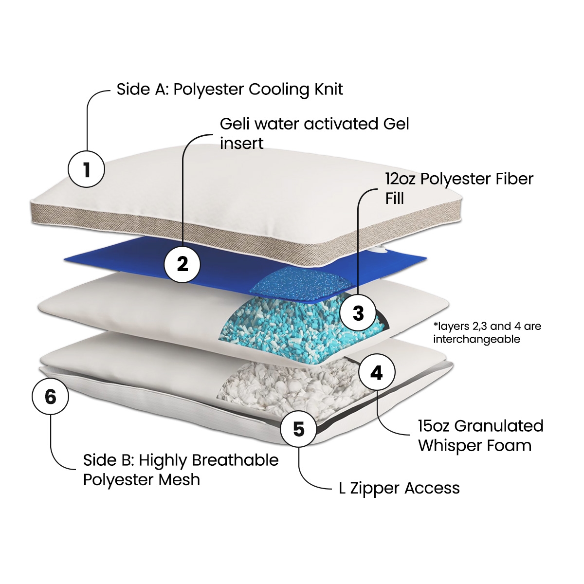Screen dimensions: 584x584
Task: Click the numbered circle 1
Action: [x=86, y=170]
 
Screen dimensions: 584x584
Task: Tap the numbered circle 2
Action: [x=182, y=264]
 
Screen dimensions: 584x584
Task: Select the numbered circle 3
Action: [x=358, y=313]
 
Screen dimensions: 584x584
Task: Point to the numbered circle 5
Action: [x=299, y=429]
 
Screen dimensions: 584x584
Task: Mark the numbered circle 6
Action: [x=51, y=396]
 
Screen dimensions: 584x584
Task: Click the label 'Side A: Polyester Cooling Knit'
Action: [x=230, y=90]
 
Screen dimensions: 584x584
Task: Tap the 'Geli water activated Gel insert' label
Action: [x=314, y=133]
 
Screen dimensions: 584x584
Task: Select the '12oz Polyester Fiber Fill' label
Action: [x=459, y=188]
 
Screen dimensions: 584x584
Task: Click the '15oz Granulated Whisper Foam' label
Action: [x=480, y=436]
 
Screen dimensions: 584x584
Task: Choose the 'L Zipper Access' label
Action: [x=399, y=488]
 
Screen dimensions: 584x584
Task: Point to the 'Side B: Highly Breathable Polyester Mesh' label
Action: [x=181, y=470]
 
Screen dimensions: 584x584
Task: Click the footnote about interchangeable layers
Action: [x=487, y=332]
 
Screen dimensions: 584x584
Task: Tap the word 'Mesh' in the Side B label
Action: [x=182, y=480]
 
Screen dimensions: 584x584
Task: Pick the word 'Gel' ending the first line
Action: [x=396, y=124]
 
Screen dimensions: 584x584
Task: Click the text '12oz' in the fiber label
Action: [x=401, y=179]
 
